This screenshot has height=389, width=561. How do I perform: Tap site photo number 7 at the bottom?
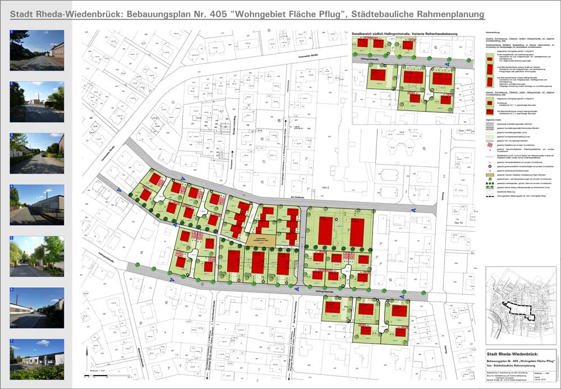[37, 359]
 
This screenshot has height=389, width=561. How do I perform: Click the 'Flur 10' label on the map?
[460, 223]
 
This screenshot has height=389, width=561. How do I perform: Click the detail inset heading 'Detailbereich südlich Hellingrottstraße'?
[404, 34]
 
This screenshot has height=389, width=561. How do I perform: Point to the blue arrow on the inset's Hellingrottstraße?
[447, 65]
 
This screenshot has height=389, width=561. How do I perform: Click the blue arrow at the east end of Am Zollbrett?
[413, 209]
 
